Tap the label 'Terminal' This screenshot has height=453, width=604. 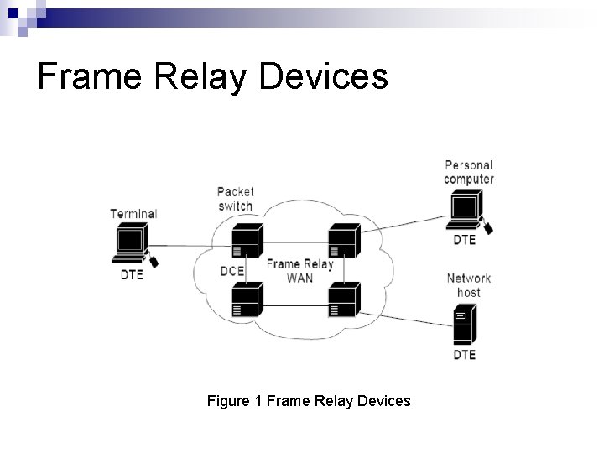[x=133, y=214]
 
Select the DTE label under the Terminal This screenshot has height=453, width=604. [x=132, y=274]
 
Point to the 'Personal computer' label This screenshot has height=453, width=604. [x=469, y=172]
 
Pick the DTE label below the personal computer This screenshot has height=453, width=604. [x=464, y=240]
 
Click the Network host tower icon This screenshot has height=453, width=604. [x=465, y=324]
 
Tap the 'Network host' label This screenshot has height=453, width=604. [x=469, y=285]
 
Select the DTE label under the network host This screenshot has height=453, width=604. [x=464, y=354]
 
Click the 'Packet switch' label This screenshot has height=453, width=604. [x=236, y=199]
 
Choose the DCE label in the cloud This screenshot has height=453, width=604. [x=232, y=271]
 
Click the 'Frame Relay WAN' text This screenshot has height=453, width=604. [x=299, y=271]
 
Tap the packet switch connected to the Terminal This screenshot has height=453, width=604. [x=247, y=241]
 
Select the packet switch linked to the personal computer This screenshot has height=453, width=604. [x=345, y=241]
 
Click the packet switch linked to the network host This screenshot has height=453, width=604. [x=345, y=299]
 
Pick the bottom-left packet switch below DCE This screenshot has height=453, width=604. [x=247, y=299]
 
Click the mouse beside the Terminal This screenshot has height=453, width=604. [x=154, y=262]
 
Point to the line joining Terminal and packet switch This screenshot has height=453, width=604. [x=190, y=246]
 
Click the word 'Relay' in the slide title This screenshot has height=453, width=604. [x=200, y=76]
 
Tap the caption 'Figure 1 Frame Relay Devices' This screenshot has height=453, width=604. [x=309, y=401]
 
